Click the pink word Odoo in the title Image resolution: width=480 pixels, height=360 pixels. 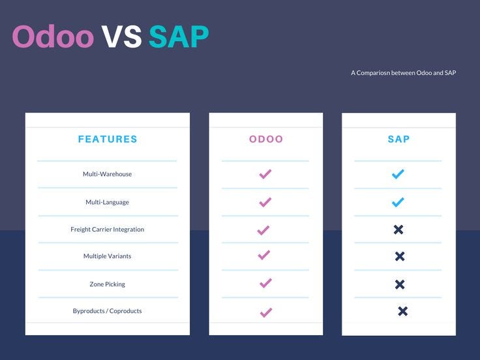point(53,37)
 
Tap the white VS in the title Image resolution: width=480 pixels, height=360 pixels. point(121,37)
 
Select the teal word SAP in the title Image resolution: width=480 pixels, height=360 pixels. point(179,37)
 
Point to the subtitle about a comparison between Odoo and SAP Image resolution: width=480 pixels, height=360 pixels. point(403,73)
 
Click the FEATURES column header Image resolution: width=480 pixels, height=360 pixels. point(108,139)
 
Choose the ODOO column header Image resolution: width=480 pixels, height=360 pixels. point(266,139)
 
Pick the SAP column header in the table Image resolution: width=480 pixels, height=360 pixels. point(398,139)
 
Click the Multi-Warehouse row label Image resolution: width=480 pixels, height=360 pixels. point(107,174)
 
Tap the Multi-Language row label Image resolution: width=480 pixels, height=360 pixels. point(107,202)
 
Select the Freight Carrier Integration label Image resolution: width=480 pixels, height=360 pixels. point(107,230)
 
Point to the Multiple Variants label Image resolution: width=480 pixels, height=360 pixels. point(107,256)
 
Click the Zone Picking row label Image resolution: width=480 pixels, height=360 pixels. point(107,284)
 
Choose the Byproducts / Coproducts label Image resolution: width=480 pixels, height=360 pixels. point(107,311)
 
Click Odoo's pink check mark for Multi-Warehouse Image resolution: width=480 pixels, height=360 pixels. point(265,174)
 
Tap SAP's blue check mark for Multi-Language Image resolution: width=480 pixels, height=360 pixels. point(398,202)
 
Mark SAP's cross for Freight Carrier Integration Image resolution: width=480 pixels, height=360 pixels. point(398,230)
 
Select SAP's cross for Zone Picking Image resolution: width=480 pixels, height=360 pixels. point(400,284)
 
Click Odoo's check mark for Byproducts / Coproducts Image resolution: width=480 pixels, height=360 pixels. point(265,312)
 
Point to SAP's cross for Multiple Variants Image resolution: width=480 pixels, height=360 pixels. point(400,257)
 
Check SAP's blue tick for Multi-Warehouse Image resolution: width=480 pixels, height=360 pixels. point(398,174)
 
